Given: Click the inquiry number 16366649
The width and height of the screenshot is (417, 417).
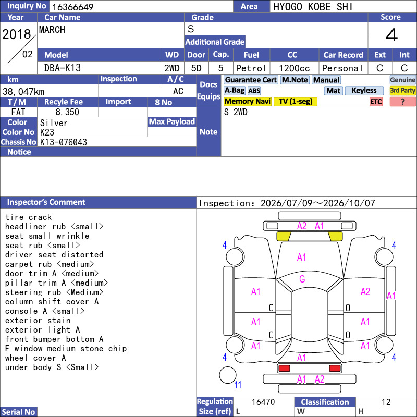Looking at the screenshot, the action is pyautogui.click(x=72, y=7).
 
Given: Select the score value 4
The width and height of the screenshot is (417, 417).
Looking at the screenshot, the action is pyautogui.click(x=392, y=35).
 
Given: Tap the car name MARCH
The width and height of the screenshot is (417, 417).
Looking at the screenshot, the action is pyautogui.click(x=52, y=30).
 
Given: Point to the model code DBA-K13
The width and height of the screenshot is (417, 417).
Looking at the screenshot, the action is pyautogui.click(x=63, y=68).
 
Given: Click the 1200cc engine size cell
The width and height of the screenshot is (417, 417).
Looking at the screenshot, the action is pyautogui.click(x=295, y=68).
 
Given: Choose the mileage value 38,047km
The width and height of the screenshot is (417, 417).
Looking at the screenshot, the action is pyautogui.click(x=23, y=92).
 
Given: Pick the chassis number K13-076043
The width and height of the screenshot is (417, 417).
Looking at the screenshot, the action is pyautogui.click(x=63, y=142).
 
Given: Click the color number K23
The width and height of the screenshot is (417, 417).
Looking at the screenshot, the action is pyautogui.click(x=47, y=132).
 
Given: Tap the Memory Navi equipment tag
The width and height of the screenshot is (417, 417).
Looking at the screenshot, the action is pyautogui.click(x=247, y=101).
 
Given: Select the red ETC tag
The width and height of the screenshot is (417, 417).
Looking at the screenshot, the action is pyautogui.click(x=376, y=102).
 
